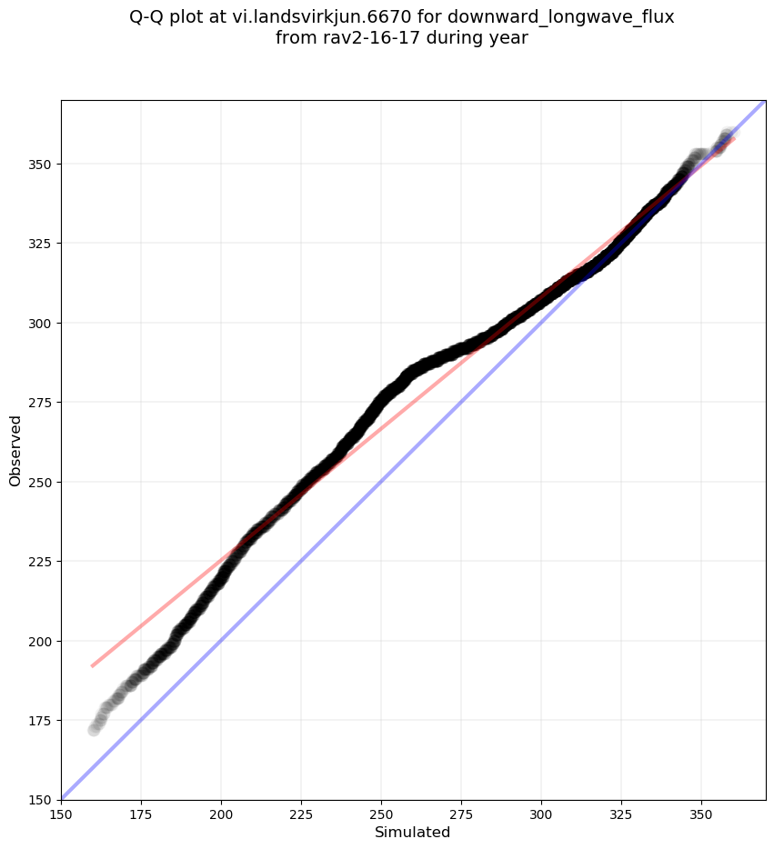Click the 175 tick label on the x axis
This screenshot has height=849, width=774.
click(141, 815)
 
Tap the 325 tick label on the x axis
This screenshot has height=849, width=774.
click(621, 815)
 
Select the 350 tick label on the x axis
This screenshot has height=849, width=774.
click(701, 815)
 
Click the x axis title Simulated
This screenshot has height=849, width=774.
click(413, 833)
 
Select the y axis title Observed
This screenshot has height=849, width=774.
click(15, 450)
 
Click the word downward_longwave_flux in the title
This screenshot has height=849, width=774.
click(561, 17)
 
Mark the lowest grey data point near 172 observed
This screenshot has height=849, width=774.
click(94, 729)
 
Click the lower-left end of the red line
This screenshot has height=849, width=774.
click(93, 666)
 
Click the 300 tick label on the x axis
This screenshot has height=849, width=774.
click(541, 815)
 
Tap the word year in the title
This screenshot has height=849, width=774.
click(508, 38)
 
